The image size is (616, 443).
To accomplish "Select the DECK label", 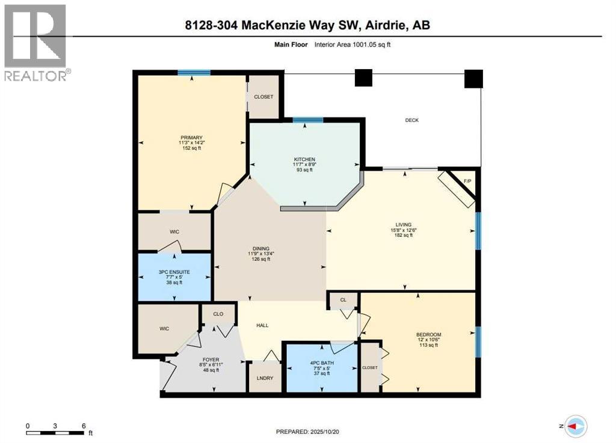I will pyautogui.click(x=411, y=120).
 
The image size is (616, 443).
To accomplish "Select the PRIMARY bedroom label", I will pyautogui.click(x=191, y=137).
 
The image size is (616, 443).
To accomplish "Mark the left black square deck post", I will pyautogui.click(x=363, y=78).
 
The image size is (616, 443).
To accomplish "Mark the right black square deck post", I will pyautogui.click(x=474, y=79).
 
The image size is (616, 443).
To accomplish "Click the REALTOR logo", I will pyautogui.click(x=35, y=42).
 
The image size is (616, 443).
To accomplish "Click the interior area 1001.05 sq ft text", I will pyautogui.click(x=357, y=44).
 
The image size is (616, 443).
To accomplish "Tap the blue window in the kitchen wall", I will pyautogui.click(x=308, y=120).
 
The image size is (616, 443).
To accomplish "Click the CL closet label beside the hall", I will pyautogui.click(x=343, y=299).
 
